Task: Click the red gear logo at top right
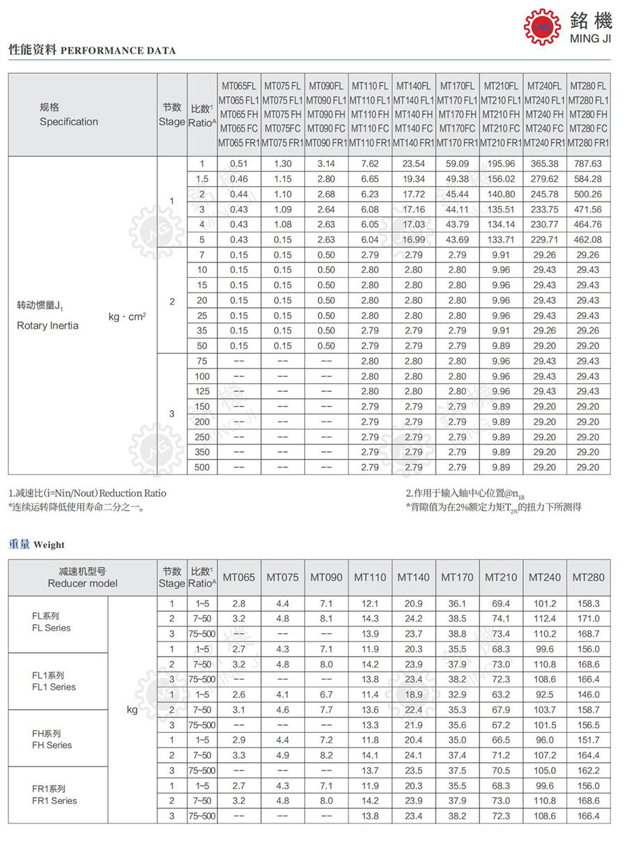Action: [x=542, y=27]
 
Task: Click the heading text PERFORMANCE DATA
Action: [x=118, y=51]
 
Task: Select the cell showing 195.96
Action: [x=501, y=164]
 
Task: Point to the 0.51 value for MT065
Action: [x=239, y=164]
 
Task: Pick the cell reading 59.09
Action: [x=457, y=164]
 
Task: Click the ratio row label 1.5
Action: [x=202, y=179]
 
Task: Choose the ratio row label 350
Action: [x=202, y=452]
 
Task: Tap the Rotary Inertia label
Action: [x=47, y=326]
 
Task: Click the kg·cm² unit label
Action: [x=127, y=316]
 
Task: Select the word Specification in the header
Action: [x=69, y=122]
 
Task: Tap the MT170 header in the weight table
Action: [x=457, y=578]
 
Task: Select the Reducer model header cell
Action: [x=82, y=578]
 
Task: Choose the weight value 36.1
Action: [x=457, y=603]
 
